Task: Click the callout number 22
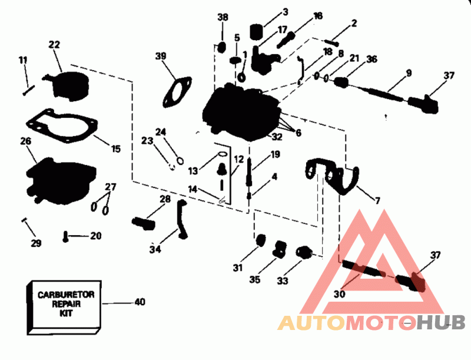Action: [54, 45]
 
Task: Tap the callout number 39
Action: [161, 56]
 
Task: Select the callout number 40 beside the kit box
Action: [140, 302]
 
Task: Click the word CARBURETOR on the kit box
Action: [66, 295]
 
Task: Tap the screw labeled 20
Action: [65, 237]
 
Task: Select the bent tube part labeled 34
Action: [181, 219]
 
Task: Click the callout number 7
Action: [377, 200]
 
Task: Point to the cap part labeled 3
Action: [257, 32]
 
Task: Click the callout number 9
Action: [409, 73]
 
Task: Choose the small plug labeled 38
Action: [221, 47]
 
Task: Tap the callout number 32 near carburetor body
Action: [277, 137]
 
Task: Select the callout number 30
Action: [340, 294]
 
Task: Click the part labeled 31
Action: [260, 240]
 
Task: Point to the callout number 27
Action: [110, 187]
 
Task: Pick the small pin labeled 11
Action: [29, 90]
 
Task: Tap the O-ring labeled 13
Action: [223, 154]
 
